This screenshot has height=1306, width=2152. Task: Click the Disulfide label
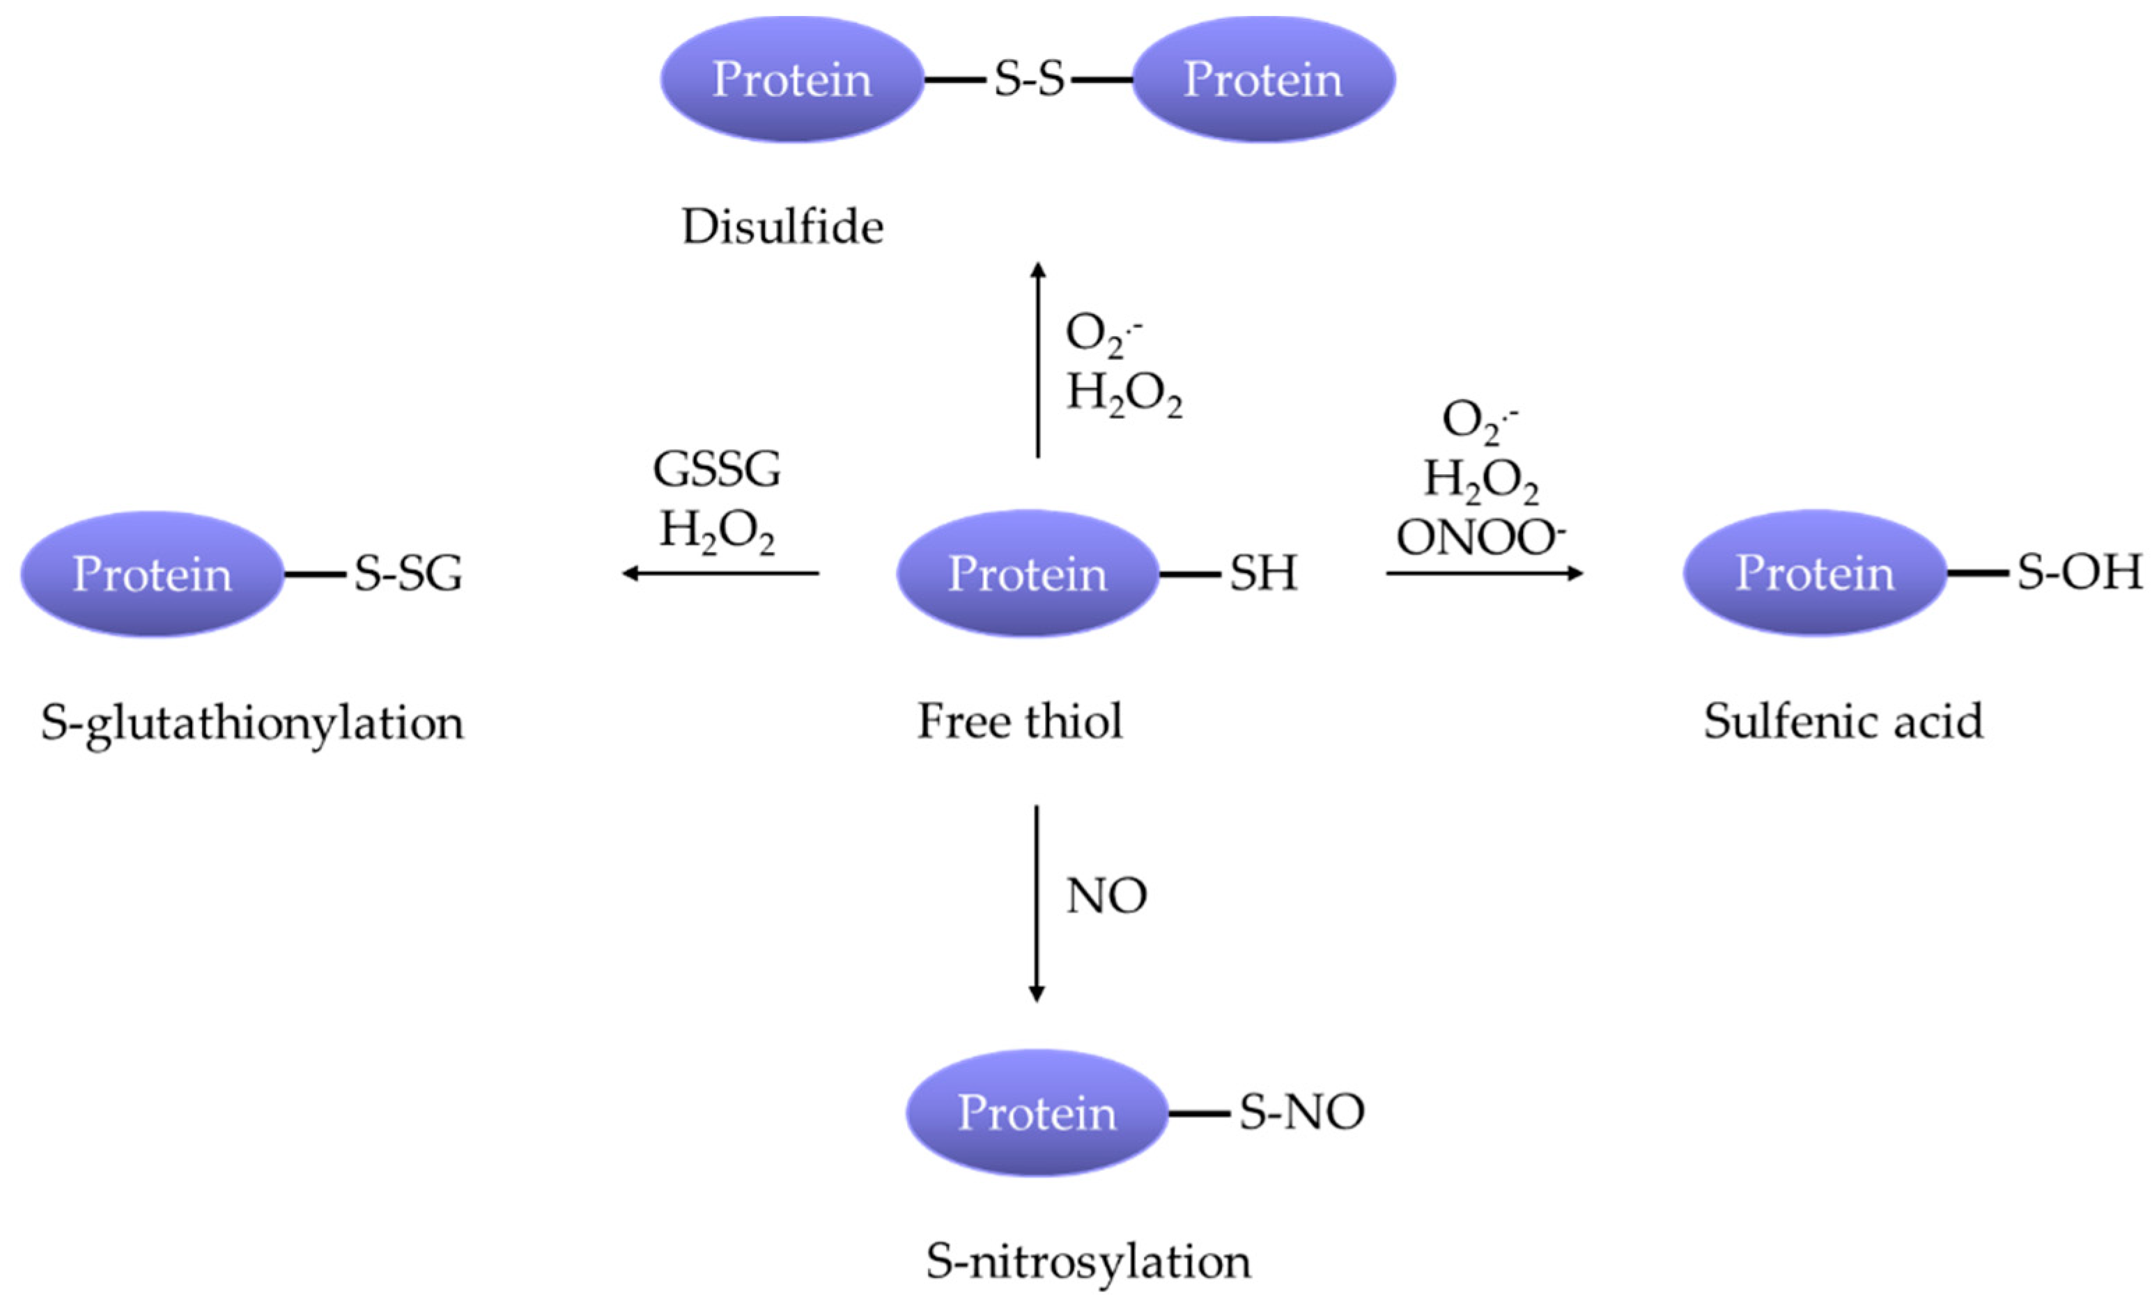point(782,227)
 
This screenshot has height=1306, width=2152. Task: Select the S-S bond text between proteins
point(1029,79)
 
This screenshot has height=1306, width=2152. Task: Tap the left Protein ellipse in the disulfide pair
point(791,79)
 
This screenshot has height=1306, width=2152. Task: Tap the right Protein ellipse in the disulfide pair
point(1263,79)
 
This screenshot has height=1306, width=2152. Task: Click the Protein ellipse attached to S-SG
point(152,574)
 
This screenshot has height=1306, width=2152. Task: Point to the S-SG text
point(408,574)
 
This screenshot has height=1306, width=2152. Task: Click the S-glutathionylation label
point(251,723)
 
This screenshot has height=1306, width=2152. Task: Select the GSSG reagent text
point(716,470)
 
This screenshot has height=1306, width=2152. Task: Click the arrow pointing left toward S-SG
point(720,574)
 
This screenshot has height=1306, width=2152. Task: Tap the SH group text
point(1263,574)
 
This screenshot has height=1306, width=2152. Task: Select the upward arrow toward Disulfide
point(1037,358)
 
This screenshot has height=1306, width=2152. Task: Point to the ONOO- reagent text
point(1480,537)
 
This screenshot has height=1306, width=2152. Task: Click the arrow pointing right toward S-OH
point(1485,574)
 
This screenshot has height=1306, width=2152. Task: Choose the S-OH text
point(2079,573)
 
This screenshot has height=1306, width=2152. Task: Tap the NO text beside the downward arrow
point(1106,896)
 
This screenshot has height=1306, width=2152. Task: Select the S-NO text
point(1301,1112)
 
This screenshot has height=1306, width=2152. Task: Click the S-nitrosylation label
point(1087,1261)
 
